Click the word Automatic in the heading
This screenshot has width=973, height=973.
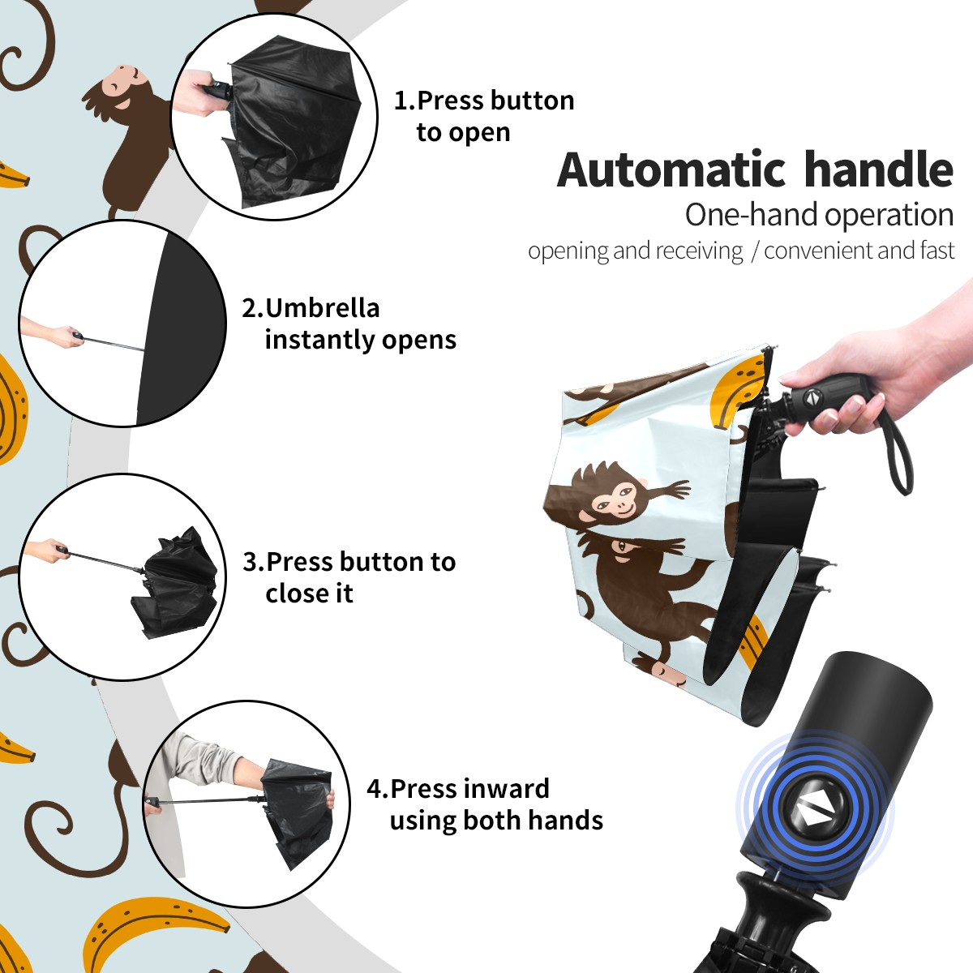[671, 170]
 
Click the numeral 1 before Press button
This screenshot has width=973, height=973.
[401, 101]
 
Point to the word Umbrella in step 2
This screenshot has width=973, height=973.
[323, 308]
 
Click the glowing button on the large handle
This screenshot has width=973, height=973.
[814, 812]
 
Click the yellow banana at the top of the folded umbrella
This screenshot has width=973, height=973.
[738, 390]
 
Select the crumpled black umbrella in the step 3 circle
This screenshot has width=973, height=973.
[174, 582]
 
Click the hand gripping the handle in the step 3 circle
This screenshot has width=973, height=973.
[48, 550]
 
